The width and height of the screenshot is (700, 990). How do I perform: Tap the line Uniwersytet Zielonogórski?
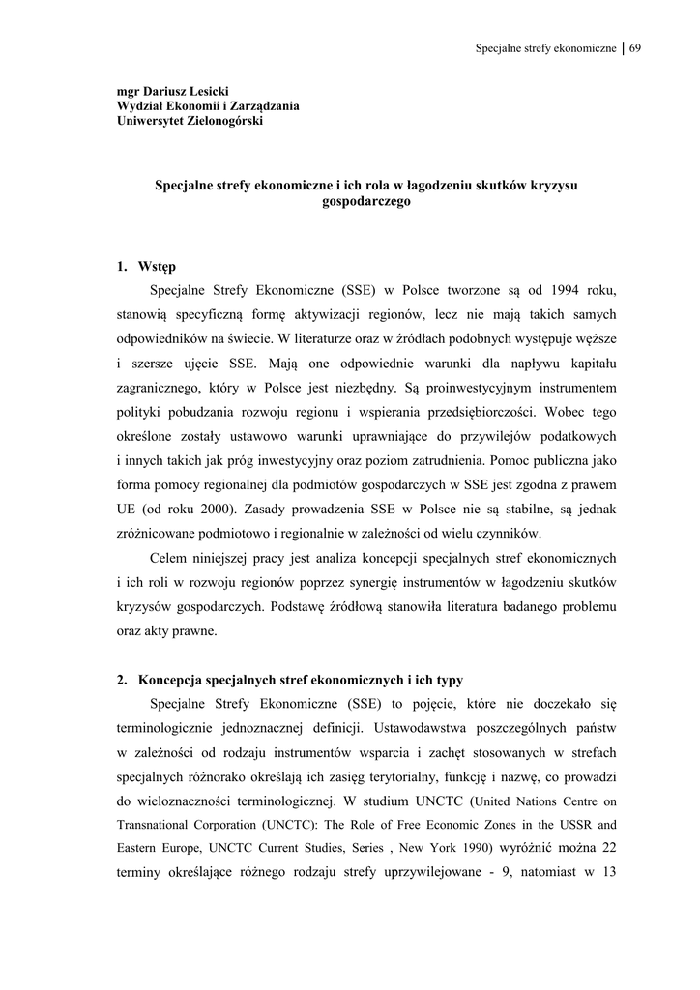(190, 121)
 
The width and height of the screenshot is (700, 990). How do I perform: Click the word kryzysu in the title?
(555, 186)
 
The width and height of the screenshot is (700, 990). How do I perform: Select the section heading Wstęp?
(157, 266)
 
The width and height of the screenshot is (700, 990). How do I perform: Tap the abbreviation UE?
(127, 509)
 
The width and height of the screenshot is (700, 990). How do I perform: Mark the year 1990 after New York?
(479, 849)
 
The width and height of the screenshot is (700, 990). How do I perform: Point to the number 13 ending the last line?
(609, 873)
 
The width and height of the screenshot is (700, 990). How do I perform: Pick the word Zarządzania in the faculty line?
(261, 105)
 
